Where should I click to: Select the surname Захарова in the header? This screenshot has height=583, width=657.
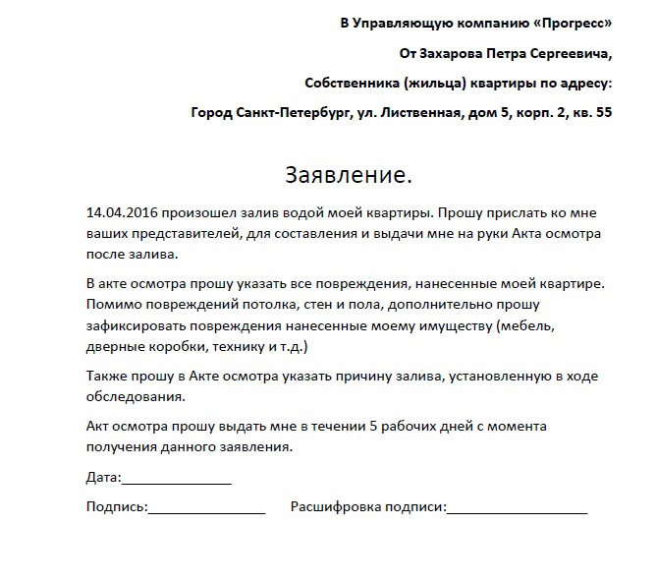pos(461,52)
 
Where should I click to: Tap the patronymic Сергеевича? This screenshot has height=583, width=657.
pos(567,52)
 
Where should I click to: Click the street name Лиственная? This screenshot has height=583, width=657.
pos(416,112)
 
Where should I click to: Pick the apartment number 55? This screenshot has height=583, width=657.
pos(602,112)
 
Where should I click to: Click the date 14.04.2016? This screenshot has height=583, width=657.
pos(122,212)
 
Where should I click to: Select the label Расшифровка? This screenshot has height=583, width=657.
pos(334,507)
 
